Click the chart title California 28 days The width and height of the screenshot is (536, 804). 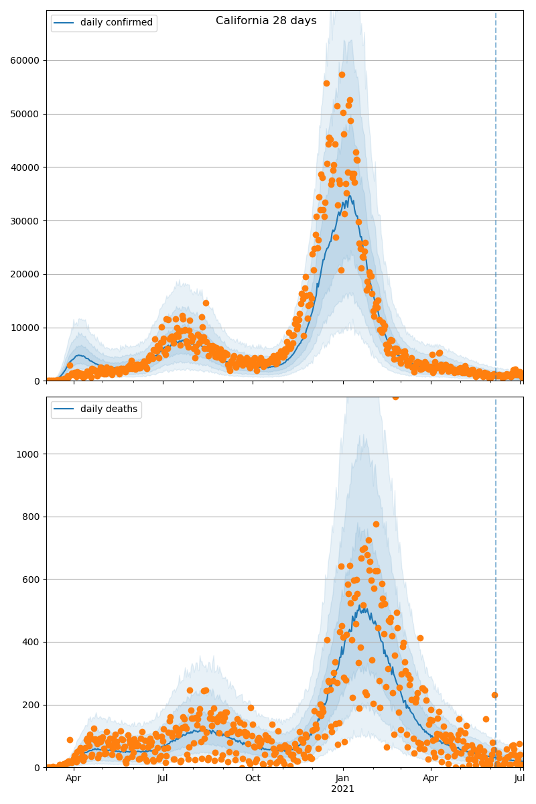[266, 21]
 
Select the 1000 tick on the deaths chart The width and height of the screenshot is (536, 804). [30, 454]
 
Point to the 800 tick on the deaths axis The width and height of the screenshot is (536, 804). [32, 517]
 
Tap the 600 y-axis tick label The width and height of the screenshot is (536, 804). [32, 580]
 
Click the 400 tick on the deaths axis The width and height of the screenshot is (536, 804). [32, 642]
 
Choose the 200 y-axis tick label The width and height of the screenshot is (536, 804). [32, 705]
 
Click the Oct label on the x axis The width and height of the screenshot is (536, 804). [253, 778]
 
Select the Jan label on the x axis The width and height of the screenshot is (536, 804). [342, 778]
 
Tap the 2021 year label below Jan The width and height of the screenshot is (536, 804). [342, 789]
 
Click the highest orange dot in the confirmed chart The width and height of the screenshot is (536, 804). [342, 74]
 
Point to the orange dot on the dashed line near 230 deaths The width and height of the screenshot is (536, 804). [494, 695]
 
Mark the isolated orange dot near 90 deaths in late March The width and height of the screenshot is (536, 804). [70, 740]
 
